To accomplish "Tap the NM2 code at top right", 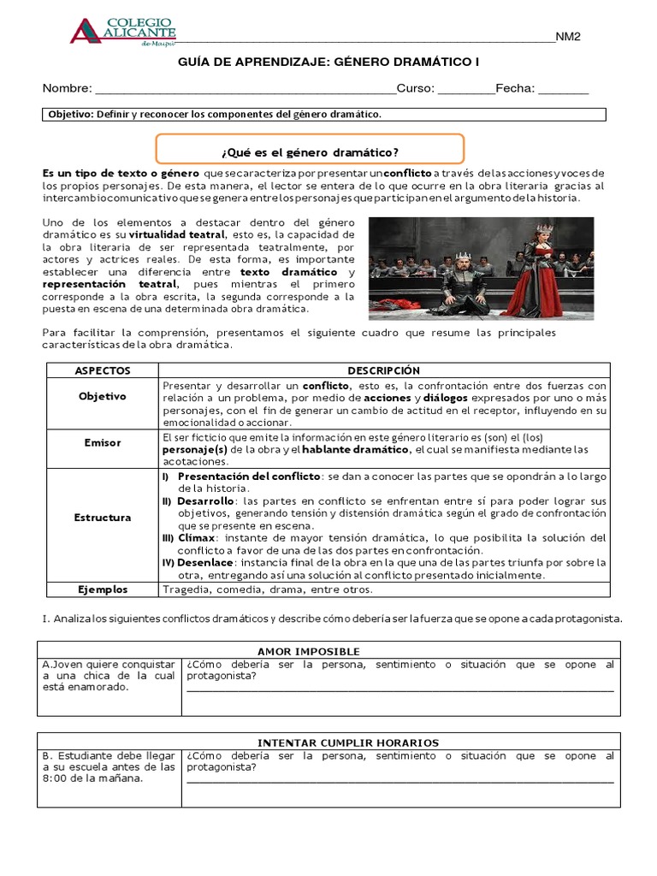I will [x=568, y=37].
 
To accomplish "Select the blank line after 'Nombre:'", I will [x=245, y=89].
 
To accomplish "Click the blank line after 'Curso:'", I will [x=465, y=89].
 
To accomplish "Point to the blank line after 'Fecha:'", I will [x=563, y=89].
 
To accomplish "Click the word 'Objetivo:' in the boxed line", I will [x=71, y=114].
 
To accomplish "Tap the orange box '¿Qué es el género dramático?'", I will [x=310, y=152].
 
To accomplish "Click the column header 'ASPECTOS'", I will [x=103, y=370].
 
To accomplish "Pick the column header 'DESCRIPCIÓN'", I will [x=384, y=370].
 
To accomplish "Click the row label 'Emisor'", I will [x=103, y=443].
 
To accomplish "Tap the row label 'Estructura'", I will [x=103, y=518].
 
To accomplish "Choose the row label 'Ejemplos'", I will [x=103, y=589].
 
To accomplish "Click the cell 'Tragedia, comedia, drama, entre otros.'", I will [x=267, y=589].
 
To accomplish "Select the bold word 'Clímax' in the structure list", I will [x=196, y=538].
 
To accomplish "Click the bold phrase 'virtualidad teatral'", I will [x=177, y=234].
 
